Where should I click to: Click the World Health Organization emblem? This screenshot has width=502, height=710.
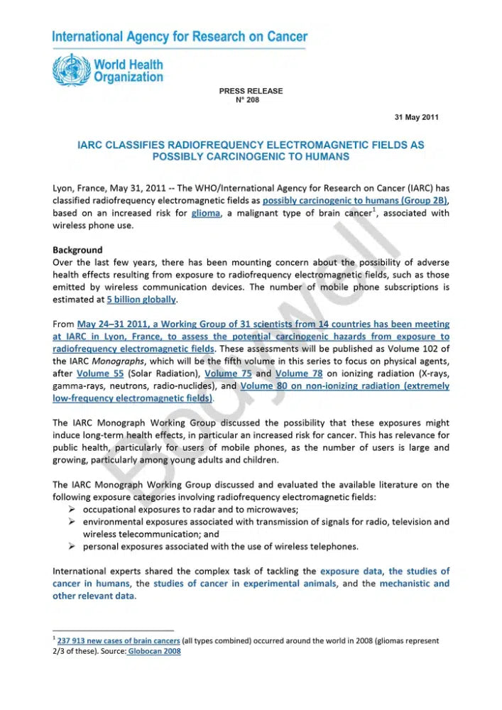[x=71, y=72]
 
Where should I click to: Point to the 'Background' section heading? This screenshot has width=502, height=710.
[x=77, y=250]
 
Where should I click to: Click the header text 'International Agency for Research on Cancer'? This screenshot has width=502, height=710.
[x=180, y=37]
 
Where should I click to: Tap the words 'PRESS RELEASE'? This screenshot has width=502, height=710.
[x=251, y=91]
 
